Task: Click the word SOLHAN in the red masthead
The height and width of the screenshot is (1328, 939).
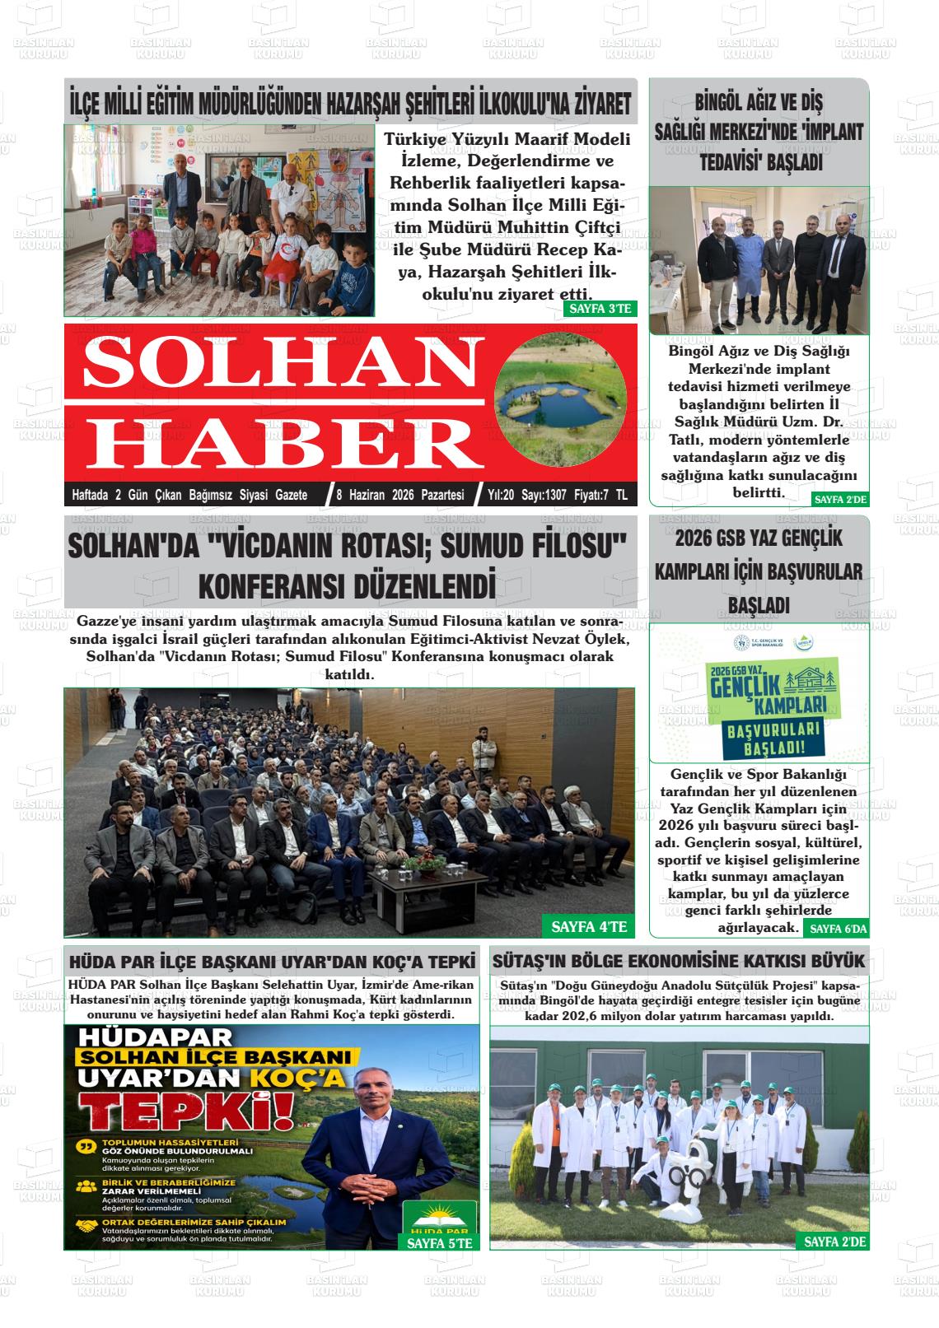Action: [272, 363]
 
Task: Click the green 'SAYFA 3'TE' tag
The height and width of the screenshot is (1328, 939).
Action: [599, 309]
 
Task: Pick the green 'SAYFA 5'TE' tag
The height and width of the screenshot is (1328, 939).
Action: [440, 1243]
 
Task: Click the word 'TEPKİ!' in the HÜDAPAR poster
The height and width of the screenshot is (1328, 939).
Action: [190, 1111]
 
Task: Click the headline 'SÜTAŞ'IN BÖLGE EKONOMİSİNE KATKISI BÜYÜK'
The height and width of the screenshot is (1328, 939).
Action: [678, 961]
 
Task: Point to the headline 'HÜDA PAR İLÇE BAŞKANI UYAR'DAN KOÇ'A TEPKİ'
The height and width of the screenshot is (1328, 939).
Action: [273, 961]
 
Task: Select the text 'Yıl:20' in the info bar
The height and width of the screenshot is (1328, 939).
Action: [501, 495]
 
